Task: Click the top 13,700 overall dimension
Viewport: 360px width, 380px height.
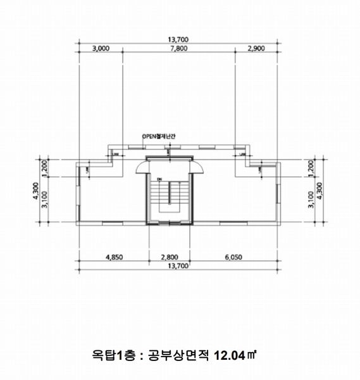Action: [179, 39]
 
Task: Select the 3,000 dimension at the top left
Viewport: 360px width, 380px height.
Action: [101, 48]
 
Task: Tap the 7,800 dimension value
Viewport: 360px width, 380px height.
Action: [179, 48]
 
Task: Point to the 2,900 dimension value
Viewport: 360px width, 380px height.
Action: [257, 48]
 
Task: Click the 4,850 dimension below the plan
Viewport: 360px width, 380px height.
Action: [114, 258]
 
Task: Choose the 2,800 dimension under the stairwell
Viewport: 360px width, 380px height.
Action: [170, 258]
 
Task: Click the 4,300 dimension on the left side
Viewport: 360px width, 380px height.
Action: [36, 191]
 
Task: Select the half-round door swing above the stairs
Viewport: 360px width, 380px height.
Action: [170, 167]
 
